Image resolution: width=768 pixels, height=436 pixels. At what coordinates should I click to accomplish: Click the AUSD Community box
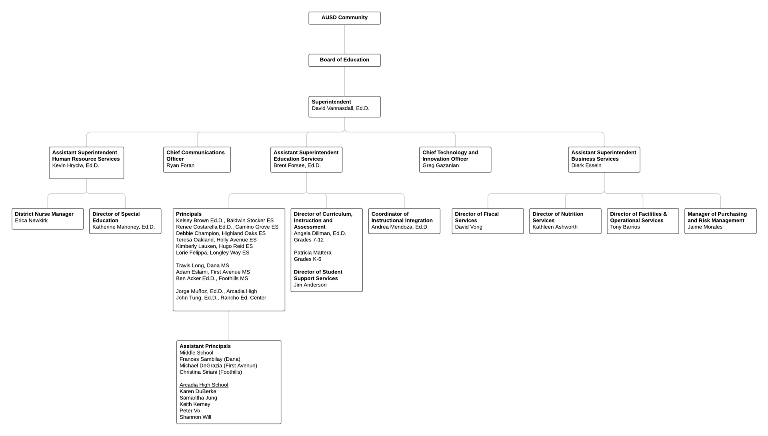coord(344,18)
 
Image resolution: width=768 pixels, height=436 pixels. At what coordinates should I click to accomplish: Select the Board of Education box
coord(344,60)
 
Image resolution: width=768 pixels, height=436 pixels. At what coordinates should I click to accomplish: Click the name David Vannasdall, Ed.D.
coord(340,108)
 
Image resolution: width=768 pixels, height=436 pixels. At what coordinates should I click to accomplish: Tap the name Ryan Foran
coord(180,165)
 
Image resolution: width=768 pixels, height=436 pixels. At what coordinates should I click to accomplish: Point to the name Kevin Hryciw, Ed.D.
coord(76,165)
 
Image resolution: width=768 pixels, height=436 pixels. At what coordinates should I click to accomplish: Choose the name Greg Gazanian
coord(440,165)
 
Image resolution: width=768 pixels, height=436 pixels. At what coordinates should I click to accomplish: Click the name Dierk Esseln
coord(586,165)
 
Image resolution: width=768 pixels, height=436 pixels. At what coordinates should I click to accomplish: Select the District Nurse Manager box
coord(48,219)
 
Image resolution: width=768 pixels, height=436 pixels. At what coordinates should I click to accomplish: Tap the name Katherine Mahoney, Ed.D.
coord(124,227)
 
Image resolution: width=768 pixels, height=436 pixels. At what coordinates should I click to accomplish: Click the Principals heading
coord(189,214)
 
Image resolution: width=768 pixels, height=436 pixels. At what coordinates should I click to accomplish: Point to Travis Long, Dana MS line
coord(202,266)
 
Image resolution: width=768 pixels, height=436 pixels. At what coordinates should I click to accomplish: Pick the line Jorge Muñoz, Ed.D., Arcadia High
coord(216,291)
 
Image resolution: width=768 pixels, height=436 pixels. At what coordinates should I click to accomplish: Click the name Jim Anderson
coord(310,285)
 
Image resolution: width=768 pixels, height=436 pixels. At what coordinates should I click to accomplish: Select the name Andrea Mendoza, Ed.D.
coord(400,227)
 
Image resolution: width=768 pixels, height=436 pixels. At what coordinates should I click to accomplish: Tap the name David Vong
coord(468,227)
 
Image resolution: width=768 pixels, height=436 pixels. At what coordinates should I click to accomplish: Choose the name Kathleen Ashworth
coord(555,227)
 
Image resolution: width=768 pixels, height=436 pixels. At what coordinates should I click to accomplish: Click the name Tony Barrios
coord(625,227)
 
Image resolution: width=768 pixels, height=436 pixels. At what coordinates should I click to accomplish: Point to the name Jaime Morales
coord(705,227)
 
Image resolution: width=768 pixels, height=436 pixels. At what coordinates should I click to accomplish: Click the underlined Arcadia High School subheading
coord(204,385)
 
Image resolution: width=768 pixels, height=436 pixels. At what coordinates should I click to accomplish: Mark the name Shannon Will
coord(195,417)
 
